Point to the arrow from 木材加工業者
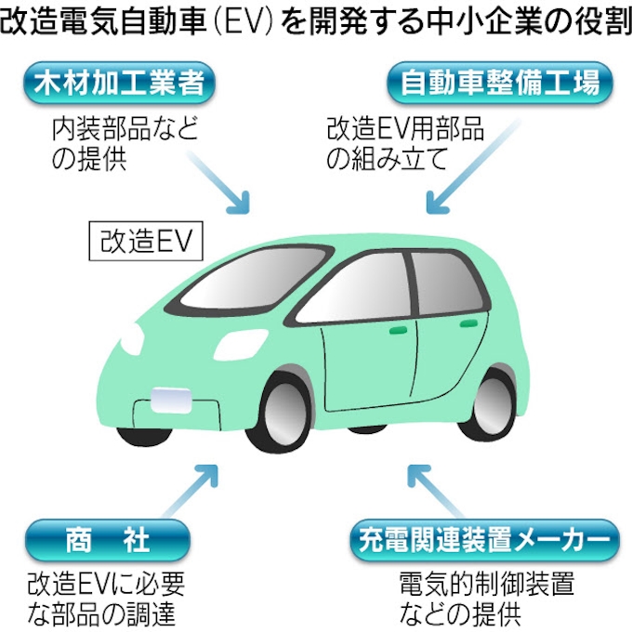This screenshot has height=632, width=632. [x=230, y=187]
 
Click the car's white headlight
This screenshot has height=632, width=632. [x=131, y=338]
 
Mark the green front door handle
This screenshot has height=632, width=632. [x=402, y=330]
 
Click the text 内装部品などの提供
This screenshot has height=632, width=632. [x=125, y=144]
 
